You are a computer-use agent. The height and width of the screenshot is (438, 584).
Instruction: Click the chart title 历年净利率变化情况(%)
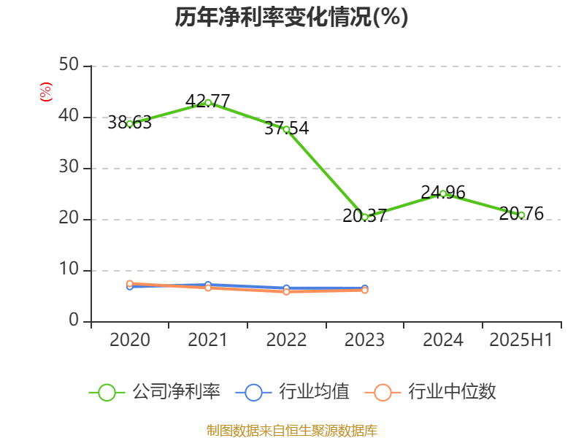pyautogui.click(x=291, y=18)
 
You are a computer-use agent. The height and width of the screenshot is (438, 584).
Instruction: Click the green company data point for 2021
pyautogui.click(x=208, y=102)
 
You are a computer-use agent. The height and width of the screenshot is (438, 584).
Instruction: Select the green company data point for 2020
pyautogui.click(x=130, y=123)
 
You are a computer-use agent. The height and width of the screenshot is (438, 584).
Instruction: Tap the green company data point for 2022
pyautogui.click(x=286, y=129)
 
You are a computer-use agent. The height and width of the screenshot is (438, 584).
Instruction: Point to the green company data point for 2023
pyautogui.click(x=365, y=217)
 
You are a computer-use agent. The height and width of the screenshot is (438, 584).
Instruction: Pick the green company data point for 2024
pyautogui.click(x=443, y=193)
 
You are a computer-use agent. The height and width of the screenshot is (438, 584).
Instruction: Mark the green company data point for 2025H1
pyautogui.click(x=521, y=215)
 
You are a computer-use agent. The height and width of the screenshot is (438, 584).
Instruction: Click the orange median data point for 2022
pyautogui.click(x=286, y=291)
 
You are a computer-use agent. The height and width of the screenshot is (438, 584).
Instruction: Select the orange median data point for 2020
pyautogui.click(x=130, y=283)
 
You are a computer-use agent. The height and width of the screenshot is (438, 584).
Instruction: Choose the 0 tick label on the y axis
pyautogui.click(x=74, y=321)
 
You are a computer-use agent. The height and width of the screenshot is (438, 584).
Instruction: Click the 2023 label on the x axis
pyautogui.click(x=364, y=340)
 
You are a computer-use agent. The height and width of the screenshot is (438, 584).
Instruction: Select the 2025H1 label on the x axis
pyautogui.click(x=520, y=340)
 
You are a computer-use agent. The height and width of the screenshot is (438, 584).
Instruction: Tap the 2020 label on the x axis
pyautogui.click(x=130, y=340)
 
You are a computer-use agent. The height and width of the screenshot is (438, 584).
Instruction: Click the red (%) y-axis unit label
pyautogui.click(x=46, y=92)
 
